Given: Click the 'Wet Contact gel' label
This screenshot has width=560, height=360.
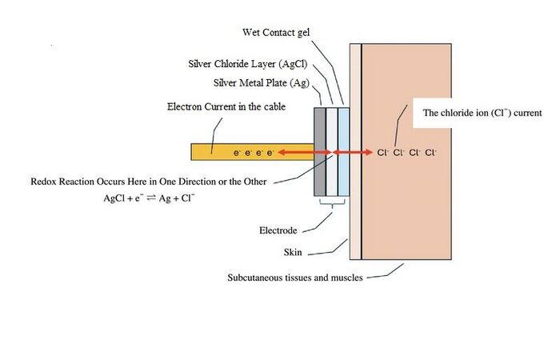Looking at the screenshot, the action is pos(276,33).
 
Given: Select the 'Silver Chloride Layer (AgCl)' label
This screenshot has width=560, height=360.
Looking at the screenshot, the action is pos(248,64).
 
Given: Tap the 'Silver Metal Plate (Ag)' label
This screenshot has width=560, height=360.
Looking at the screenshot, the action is pos(262,83).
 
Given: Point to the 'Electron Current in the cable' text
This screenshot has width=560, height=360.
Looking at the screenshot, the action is pos(226,106).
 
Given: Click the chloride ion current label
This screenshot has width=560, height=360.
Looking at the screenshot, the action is pos(482,113).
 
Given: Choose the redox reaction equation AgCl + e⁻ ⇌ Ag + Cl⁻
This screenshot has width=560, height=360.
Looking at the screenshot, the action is pos(149,198).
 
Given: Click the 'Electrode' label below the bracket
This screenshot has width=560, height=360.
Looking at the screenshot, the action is pos(278,230).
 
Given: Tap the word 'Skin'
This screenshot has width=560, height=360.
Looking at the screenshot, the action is pos(293,252).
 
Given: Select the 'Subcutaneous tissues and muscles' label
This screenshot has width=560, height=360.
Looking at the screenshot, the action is pos(295,278).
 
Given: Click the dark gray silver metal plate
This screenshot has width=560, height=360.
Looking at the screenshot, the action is pos(320,152).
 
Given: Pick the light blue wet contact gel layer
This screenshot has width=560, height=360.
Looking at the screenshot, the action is pos(343,152).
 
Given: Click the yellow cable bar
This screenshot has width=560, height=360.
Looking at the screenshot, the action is pos(253,152).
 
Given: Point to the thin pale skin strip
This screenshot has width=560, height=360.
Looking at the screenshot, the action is pos(355,152).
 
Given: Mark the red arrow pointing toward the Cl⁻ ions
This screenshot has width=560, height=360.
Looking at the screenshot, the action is pos(353,153).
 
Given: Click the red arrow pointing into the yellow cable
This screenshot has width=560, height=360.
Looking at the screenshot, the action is pos(305,153).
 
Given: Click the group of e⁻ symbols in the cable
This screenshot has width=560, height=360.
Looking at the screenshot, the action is pos(254,153).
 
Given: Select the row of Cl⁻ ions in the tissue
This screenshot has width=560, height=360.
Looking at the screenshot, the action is pos(406,153).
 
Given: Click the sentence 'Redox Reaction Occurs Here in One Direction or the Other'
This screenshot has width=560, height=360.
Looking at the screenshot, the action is pos(149,182).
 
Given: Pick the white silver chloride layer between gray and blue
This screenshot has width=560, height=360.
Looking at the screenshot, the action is pos(332,152).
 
